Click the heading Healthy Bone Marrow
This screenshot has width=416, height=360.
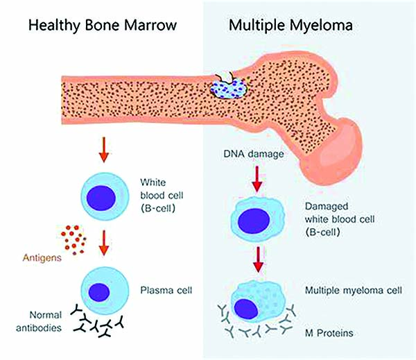103,26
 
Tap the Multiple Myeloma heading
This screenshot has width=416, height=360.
291,26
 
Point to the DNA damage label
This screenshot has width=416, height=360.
254,154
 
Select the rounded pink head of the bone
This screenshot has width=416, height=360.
334,151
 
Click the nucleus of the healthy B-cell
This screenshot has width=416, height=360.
101,198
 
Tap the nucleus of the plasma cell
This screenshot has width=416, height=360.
99,292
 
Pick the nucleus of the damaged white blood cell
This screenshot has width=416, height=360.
254,221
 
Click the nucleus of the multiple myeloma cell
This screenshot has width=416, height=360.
246,309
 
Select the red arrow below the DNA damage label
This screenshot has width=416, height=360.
257,179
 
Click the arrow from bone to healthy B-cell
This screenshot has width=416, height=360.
104,149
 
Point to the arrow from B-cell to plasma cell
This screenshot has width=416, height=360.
104,243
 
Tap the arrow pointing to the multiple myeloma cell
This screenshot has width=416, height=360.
258,259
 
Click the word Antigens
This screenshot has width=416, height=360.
42,257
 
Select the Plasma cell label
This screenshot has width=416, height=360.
166,290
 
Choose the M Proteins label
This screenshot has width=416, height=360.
329,333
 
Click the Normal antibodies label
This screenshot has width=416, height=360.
39,322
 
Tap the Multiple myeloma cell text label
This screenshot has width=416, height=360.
354,291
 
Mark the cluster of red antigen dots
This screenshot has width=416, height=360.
73,240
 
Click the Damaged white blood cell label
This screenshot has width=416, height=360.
340,219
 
